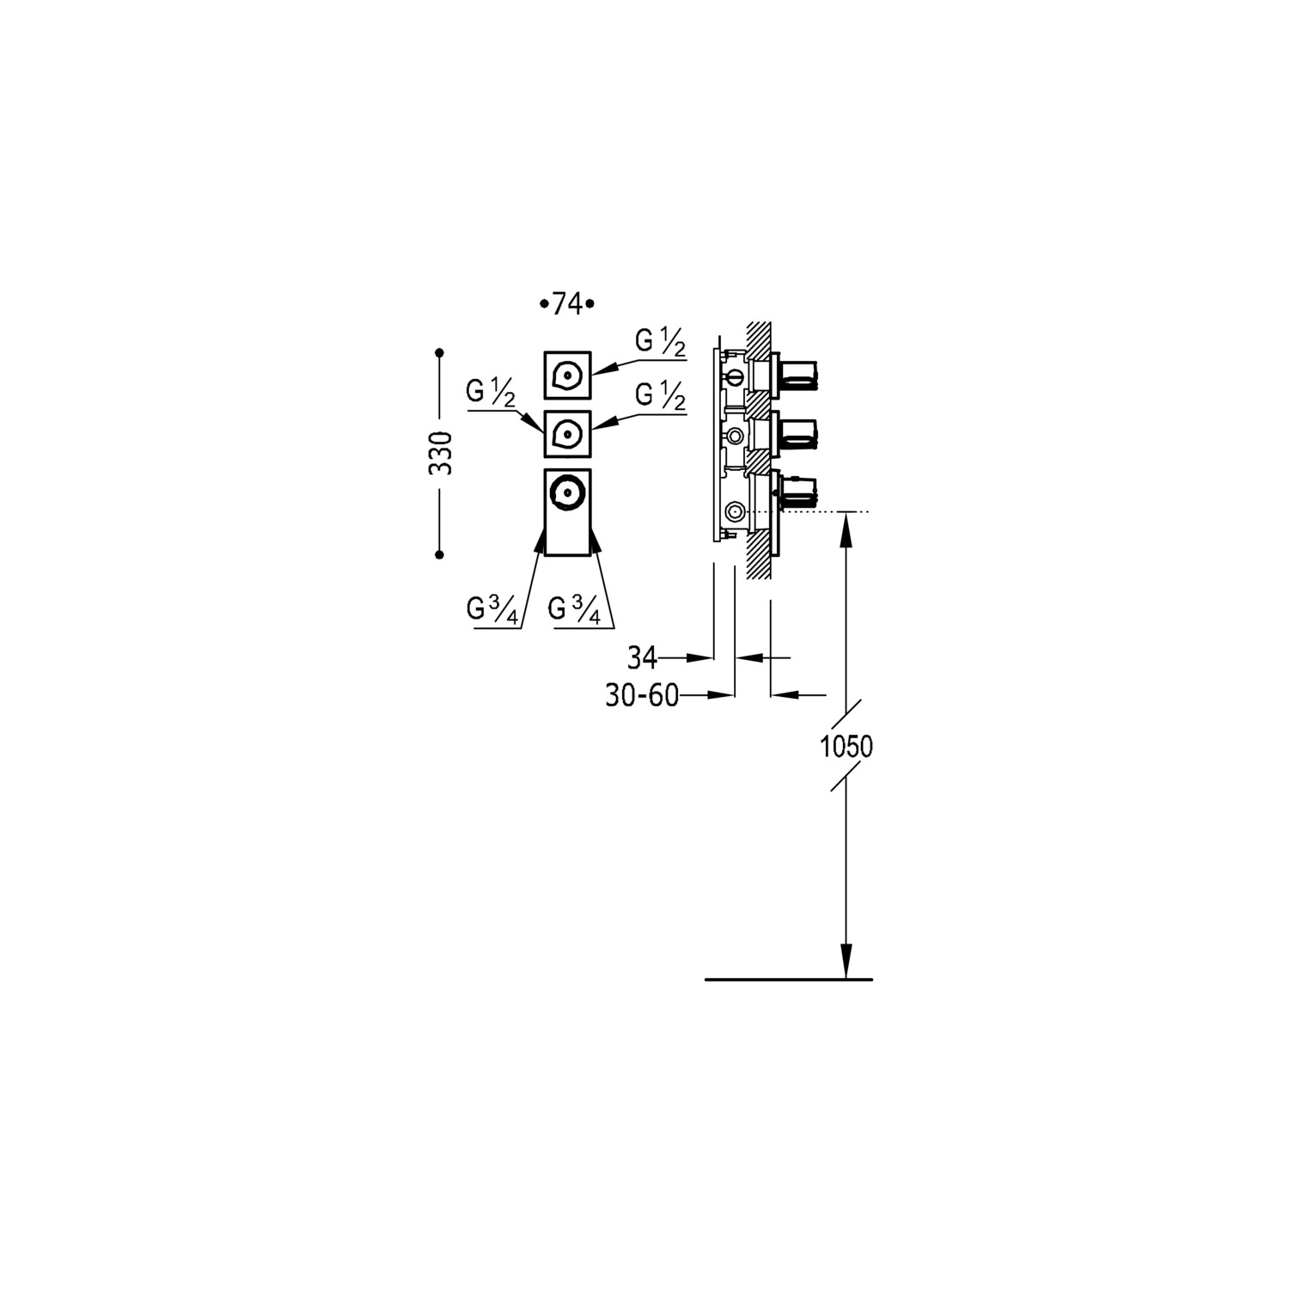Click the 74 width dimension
click(567, 304)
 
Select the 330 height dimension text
click(441, 453)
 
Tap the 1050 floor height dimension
click(846, 747)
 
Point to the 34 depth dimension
click(642, 658)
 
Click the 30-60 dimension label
click(642, 695)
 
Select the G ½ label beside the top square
click(660, 343)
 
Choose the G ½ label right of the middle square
click(660, 396)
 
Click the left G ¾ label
click(492, 609)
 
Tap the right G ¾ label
click(573, 609)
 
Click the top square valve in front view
click(567, 376)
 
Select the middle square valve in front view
click(567, 435)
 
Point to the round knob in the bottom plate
click(567, 492)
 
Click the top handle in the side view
click(799, 376)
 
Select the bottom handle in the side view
click(799, 492)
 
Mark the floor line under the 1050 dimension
click(788, 980)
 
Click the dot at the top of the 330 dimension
click(439, 352)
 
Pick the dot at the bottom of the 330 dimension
click(439, 555)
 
